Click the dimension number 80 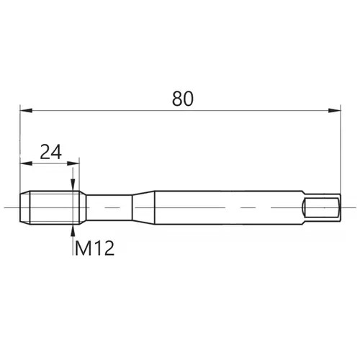tap(183, 99)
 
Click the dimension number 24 tap(51, 152)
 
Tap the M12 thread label tap(94, 248)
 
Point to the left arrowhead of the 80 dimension tap(26, 110)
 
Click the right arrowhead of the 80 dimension tap(334, 110)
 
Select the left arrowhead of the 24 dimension tap(26, 163)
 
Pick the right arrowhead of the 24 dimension tap(73, 163)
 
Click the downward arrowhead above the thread tap(73, 185)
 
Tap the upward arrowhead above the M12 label tap(73, 231)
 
